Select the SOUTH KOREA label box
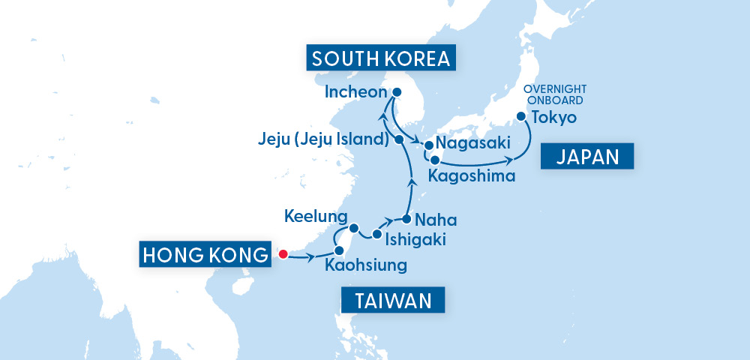(x=381, y=59)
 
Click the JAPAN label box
(x=587, y=157)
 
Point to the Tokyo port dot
(x=520, y=117)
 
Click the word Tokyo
(x=553, y=118)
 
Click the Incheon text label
(x=355, y=93)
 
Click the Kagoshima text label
(x=472, y=177)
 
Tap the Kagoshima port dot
(x=435, y=159)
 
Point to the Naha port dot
(x=406, y=220)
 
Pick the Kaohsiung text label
(x=366, y=265)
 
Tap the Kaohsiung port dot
(x=339, y=250)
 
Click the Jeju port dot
(x=399, y=139)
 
